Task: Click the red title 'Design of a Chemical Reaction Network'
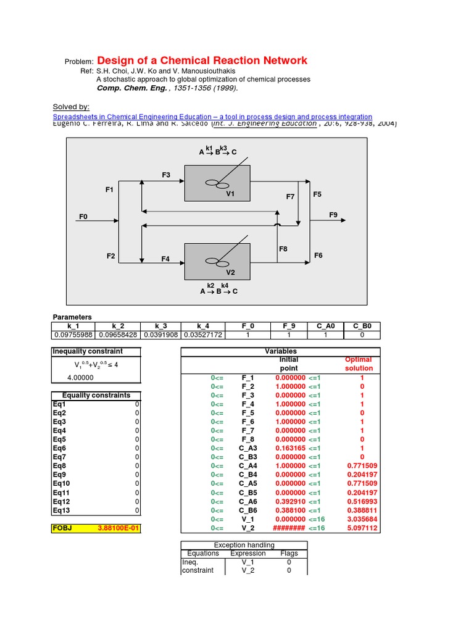click(x=202, y=60)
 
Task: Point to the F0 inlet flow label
click(x=84, y=217)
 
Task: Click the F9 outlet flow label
click(x=333, y=215)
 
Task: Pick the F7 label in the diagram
click(x=290, y=197)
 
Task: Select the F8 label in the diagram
click(x=283, y=249)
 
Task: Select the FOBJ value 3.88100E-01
click(x=118, y=528)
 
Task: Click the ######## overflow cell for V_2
click(x=288, y=528)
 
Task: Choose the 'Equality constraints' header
click(x=96, y=395)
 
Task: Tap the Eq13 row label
click(x=62, y=510)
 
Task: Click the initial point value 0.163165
click(x=288, y=448)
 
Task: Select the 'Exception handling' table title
click(x=243, y=545)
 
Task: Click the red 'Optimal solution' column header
click(x=359, y=364)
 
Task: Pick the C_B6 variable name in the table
click(x=248, y=510)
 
